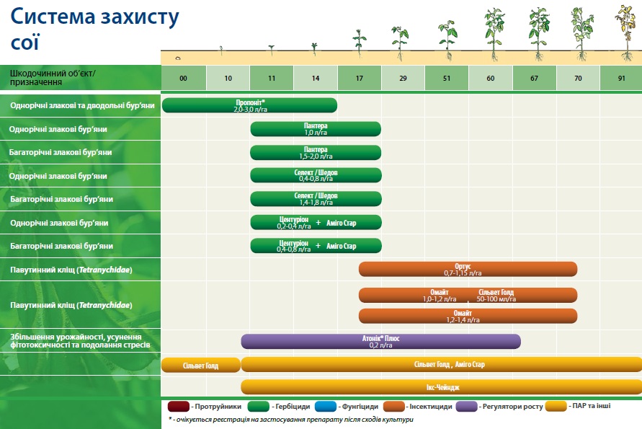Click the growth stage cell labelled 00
(184, 78)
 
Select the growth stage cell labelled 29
(404, 78)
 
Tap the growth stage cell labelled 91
(621, 78)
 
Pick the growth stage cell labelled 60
(491, 78)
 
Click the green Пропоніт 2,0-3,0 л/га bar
(250, 105)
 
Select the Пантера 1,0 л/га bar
(316, 129)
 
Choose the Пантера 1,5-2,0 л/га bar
(316, 152)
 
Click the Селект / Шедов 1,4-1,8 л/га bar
(316, 199)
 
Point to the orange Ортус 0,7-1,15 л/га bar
(468, 269)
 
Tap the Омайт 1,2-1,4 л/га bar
(468, 316)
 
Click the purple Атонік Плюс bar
(380, 341)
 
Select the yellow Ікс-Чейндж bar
(442, 387)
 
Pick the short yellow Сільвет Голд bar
(200, 365)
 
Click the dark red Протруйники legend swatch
(179, 407)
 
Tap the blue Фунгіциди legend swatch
(326, 407)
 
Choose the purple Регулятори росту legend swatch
(467, 407)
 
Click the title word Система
(53, 17)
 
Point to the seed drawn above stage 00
(178, 58)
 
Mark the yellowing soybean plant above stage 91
(627, 32)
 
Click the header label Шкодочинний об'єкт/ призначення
(53, 77)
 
